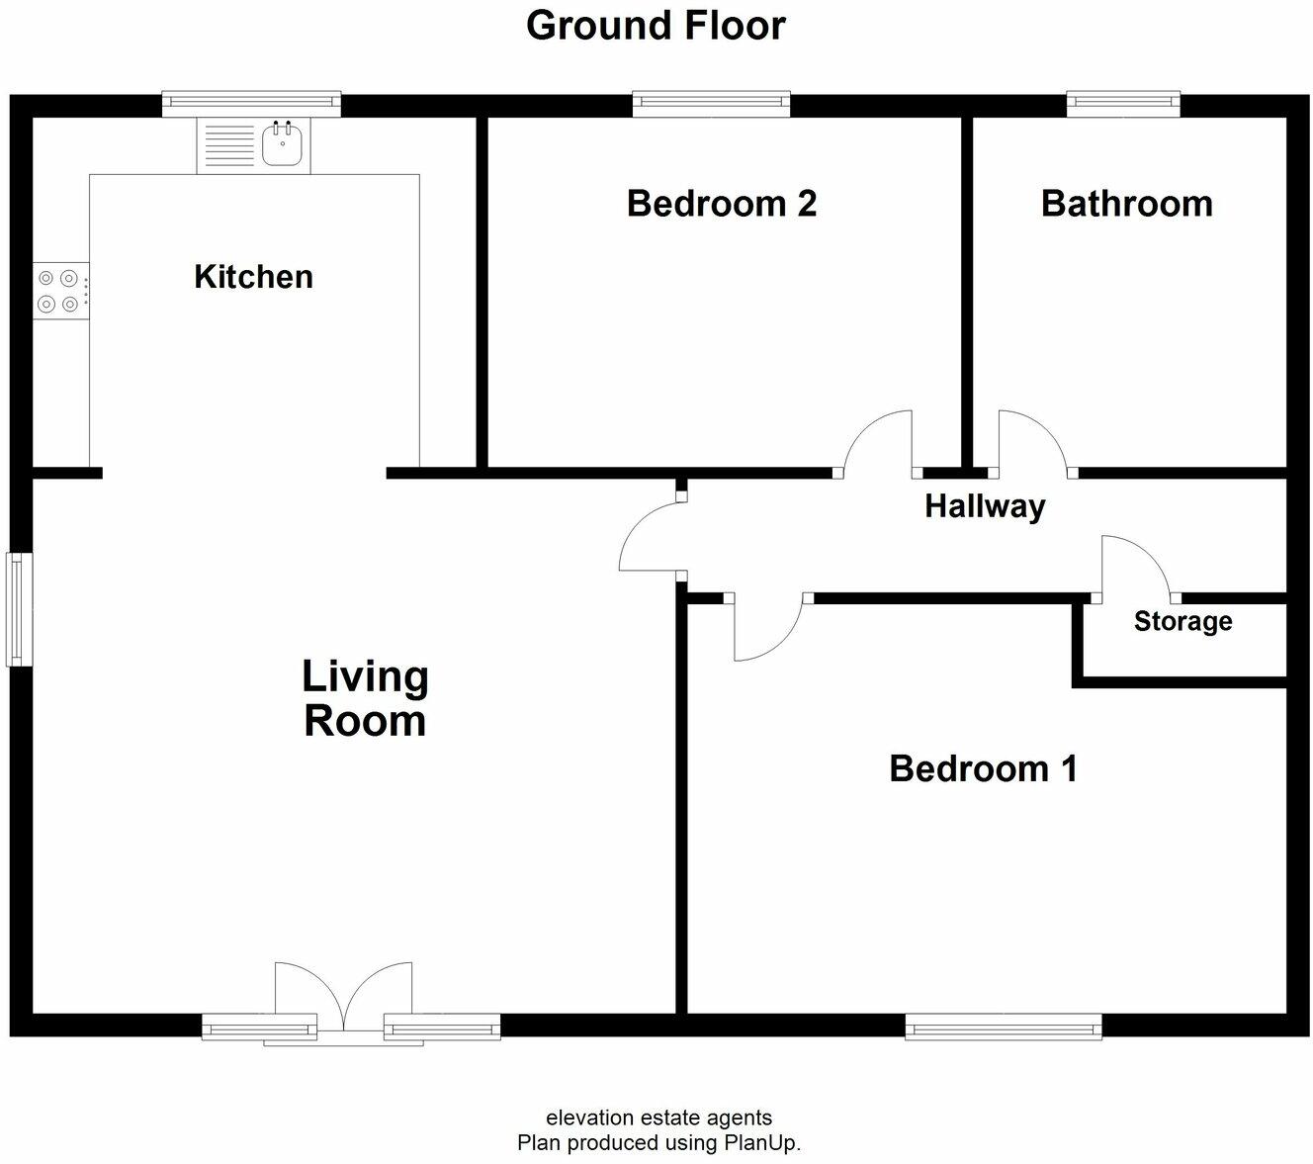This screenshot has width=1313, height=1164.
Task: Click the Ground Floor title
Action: [x=656, y=26]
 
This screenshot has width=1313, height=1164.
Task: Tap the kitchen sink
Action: [x=283, y=146]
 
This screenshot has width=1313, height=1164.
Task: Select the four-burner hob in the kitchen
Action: [x=60, y=292]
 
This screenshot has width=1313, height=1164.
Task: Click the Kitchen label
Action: [x=253, y=277]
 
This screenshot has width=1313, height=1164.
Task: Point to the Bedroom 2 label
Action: [x=722, y=204]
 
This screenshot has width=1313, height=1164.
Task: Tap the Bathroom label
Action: [x=1126, y=204]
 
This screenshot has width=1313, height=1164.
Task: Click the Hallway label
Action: [x=985, y=506]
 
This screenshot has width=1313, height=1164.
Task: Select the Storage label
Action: [x=1182, y=621]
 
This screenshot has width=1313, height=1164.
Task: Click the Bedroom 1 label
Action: [x=983, y=768]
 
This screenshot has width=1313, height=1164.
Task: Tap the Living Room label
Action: [x=365, y=698]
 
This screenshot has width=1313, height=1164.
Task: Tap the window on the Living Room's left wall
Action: [x=19, y=608]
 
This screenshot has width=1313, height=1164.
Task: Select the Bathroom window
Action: [x=1123, y=103]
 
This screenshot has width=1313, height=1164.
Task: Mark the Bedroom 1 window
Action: [x=1004, y=1027]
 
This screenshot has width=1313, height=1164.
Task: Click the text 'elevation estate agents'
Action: [x=658, y=1118]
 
